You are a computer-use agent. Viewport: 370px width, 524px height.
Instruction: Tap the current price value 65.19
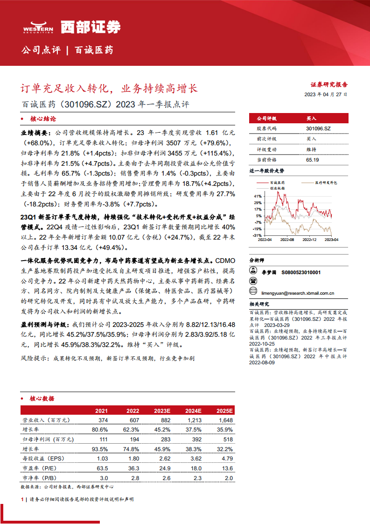[x=312, y=160]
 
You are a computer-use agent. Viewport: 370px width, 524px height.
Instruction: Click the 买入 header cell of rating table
[x=311, y=119]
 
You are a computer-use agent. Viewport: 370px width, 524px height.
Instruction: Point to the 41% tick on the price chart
[x=258, y=195]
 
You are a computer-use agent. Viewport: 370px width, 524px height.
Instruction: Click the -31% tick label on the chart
[x=257, y=235]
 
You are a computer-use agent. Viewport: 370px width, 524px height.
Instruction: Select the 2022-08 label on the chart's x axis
[x=287, y=240]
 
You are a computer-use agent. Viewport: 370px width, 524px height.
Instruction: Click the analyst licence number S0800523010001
[x=301, y=271]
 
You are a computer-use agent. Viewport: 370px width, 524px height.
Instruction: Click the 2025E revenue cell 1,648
[x=224, y=420]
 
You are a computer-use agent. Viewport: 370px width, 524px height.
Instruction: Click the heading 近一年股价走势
[x=267, y=171]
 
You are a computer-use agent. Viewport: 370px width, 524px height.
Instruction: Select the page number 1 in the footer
[x=22, y=499]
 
